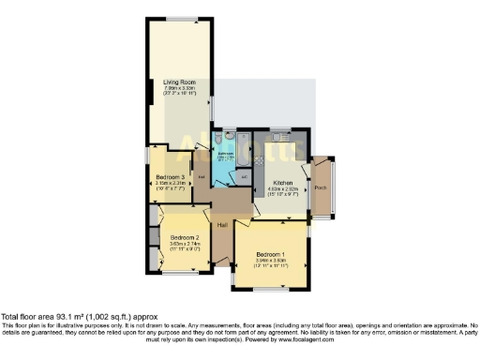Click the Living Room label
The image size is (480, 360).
click(x=178, y=82)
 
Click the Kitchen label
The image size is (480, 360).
click(x=283, y=183)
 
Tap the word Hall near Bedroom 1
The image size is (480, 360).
click(x=223, y=225)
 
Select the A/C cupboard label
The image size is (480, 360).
click(x=243, y=175)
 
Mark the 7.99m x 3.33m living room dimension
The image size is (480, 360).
click(x=178, y=89)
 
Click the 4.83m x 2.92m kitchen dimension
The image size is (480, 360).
click(x=283, y=189)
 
